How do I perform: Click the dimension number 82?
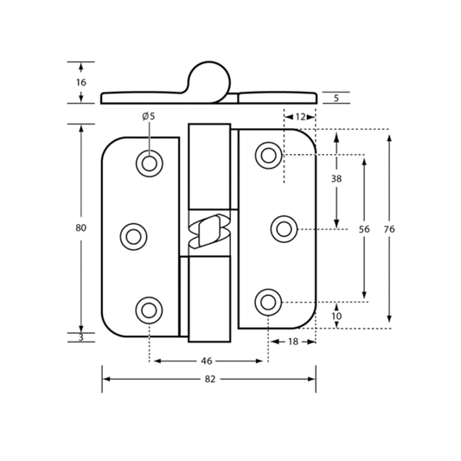[x=210, y=380]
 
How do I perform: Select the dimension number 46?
[x=207, y=361]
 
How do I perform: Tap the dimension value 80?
[x=80, y=227]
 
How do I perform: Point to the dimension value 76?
[x=389, y=229]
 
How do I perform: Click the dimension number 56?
[x=364, y=229]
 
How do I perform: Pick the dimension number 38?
[x=336, y=178]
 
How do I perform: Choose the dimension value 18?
[x=293, y=342]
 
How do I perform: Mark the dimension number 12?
[x=300, y=117]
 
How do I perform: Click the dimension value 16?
[x=81, y=83]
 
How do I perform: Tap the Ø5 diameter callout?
[x=149, y=117]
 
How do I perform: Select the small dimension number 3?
[x=81, y=337]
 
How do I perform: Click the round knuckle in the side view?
[x=209, y=61]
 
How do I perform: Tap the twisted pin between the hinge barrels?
[x=209, y=231]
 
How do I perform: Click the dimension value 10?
[x=336, y=317]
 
